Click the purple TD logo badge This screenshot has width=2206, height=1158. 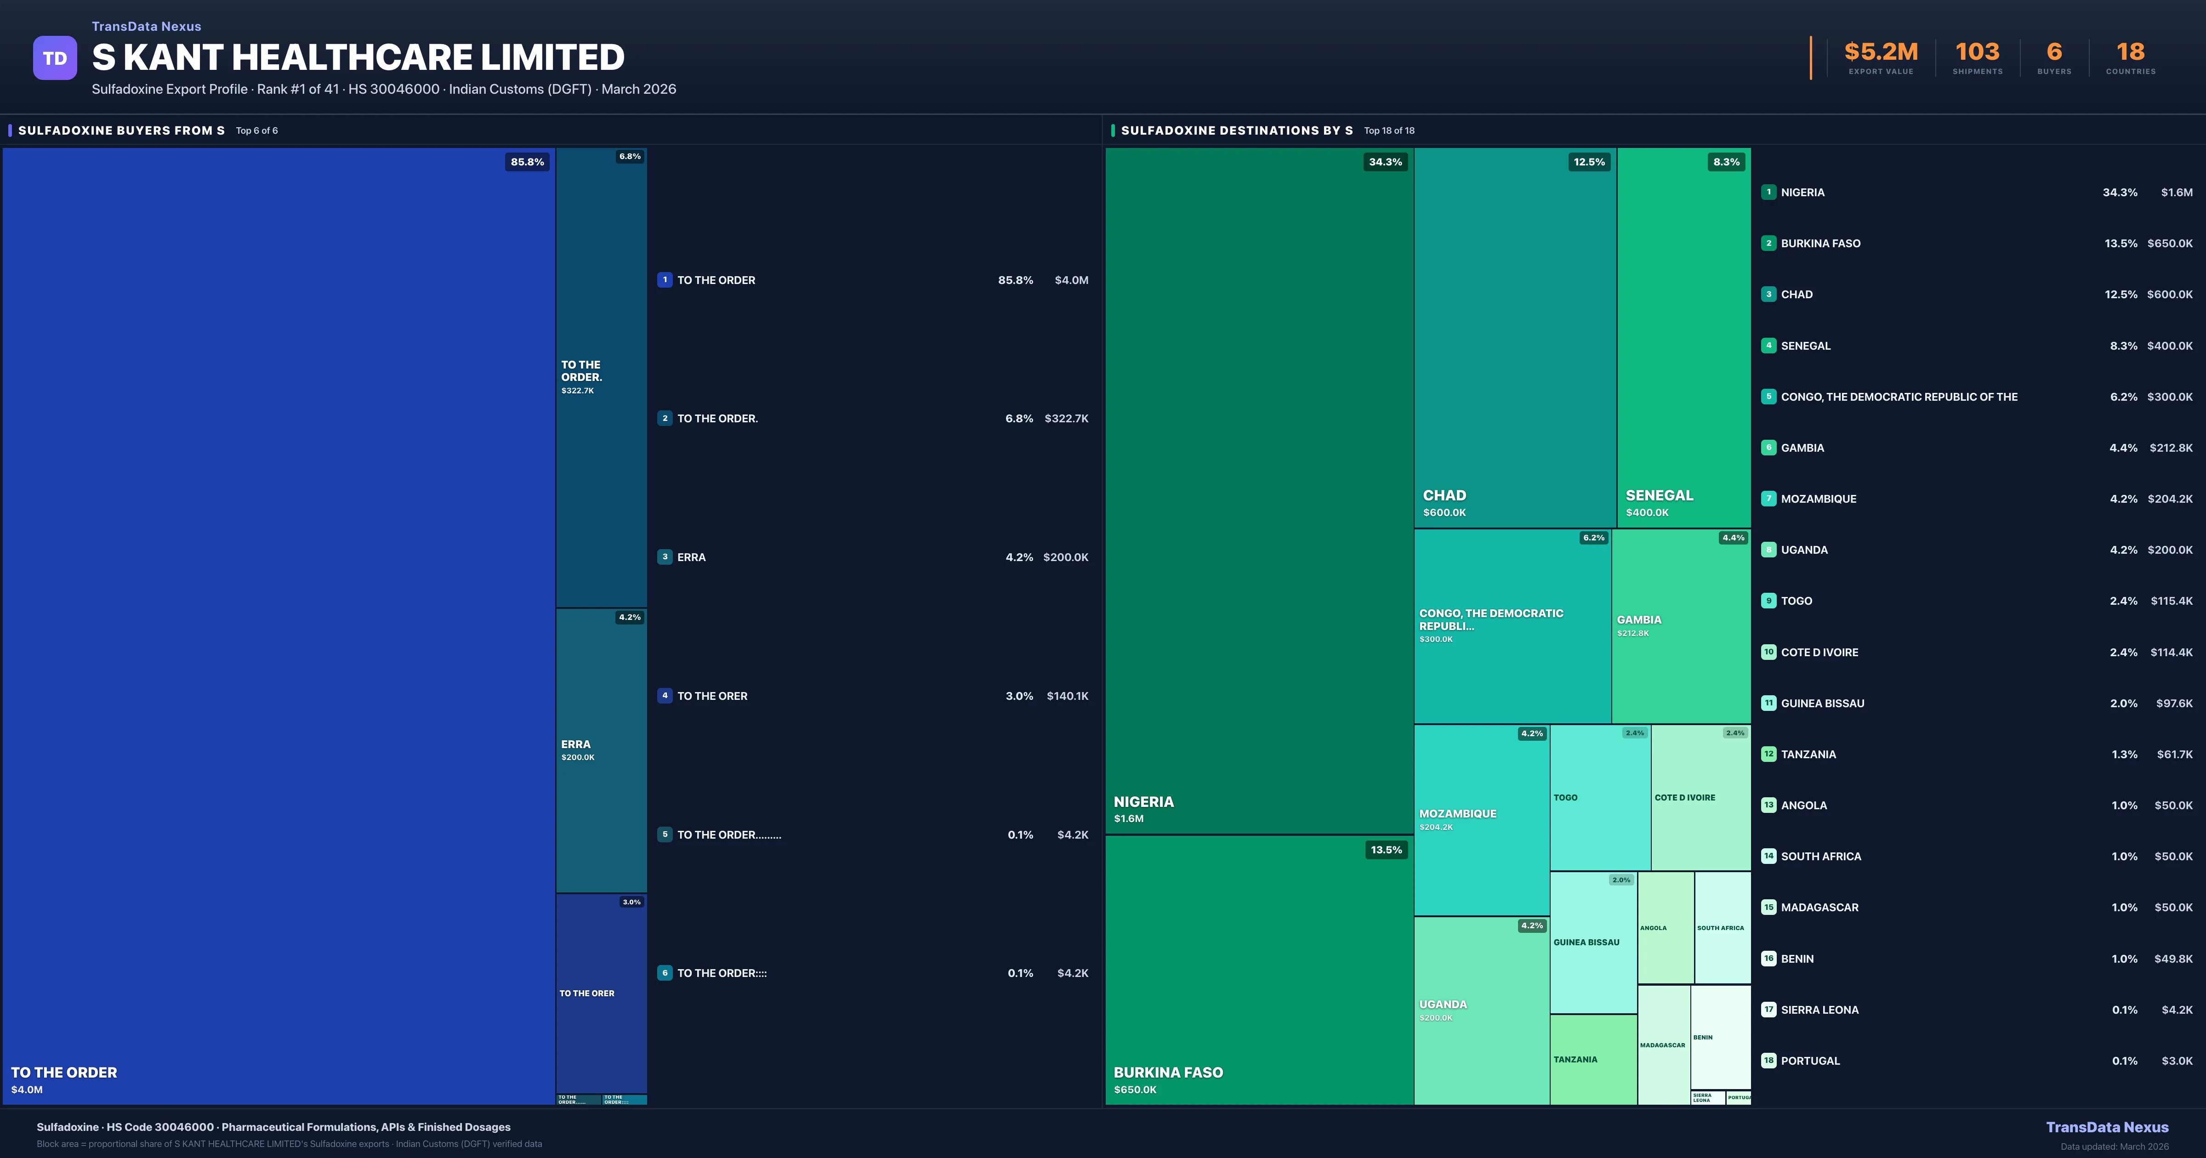(x=55, y=58)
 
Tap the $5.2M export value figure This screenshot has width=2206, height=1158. (x=1881, y=52)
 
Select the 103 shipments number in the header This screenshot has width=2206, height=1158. (x=1977, y=52)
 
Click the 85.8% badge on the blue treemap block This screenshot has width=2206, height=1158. (x=527, y=162)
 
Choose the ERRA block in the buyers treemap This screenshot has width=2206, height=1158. (x=601, y=750)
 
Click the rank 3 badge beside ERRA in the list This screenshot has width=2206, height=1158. (x=665, y=557)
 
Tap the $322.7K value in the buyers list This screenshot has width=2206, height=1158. (x=1066, y=419)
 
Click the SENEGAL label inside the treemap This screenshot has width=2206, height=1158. (x=1659, y=495)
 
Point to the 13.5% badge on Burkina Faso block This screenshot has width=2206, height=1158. (x=1386, y=850)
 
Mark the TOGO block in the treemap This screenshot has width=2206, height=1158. (x=1600, y=797)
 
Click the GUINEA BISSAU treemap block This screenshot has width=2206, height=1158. (x=1593, y=942)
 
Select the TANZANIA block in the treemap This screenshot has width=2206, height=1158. (x=1593, y=1060)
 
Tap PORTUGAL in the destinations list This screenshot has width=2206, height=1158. (x=1810, y=1061)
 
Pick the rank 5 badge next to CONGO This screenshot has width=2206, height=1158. (x=1768, y=397)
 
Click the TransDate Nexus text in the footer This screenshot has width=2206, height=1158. (x=2107, y=1127)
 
